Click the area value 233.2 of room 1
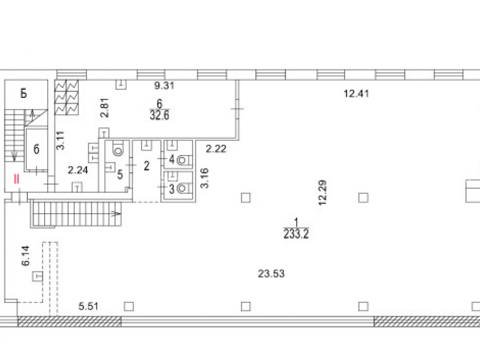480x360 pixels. tap(296, 234)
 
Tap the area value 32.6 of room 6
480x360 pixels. tap(159, 115)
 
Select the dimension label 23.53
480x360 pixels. tap(271, 274)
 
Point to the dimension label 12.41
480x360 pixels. tap(356, 94)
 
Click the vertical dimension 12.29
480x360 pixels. tap(323, 192)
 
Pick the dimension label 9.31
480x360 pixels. tap(164, 85)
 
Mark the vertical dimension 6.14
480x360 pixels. tap(26, 256)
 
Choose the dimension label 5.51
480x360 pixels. tap(88, 306)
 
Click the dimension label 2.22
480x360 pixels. tap(216, 149)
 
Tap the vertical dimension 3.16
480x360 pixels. tap(204, 178)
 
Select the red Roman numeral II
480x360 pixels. tap(16, 179)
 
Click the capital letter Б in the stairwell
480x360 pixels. tap(24, 93)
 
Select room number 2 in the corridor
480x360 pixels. tap(146, 166)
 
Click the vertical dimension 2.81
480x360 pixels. tap(105, 108)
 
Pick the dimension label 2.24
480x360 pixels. tap(78, 170)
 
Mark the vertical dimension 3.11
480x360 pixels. tap(60, 140)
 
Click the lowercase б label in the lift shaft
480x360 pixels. tap(36, 149)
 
